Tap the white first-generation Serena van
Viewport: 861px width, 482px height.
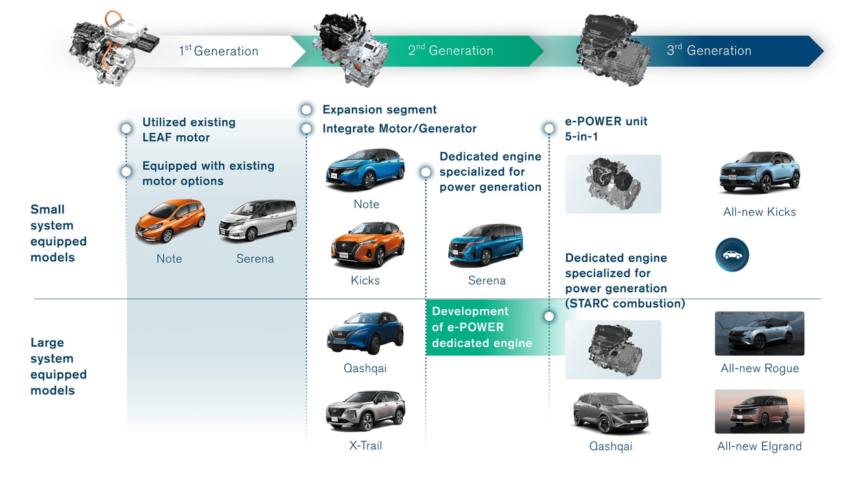[x=258, y=221]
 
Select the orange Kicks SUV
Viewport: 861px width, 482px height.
[x=368, y=244]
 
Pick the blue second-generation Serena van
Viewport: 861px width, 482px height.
[x=486, y=245]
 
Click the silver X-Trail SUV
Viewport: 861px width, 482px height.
[x=365, y=411]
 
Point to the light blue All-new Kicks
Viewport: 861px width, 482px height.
[x=760, y=173]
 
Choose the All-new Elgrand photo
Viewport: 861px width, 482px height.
[x=760, y=411]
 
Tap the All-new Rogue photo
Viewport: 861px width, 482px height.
[x=760, y=333]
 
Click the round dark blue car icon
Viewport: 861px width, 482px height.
[x=733, y=255]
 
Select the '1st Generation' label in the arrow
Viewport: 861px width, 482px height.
[x=219, y=51]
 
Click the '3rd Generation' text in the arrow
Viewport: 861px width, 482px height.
[x=709, y=50]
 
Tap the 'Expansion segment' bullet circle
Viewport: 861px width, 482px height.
[x=306, y=110]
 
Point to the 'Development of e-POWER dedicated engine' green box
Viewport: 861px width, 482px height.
[x=488, y=327]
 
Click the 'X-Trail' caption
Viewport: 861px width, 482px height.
[x=366, y=446]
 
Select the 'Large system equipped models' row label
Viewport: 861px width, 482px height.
[x=59, y=367]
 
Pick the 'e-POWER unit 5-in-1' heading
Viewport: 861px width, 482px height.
[x=605, y=128]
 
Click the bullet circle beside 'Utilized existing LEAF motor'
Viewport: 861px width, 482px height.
[x=126, y=128]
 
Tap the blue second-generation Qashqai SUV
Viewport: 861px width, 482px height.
[x=365, y=333]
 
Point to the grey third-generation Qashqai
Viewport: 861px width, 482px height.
[x=611, y=414]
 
